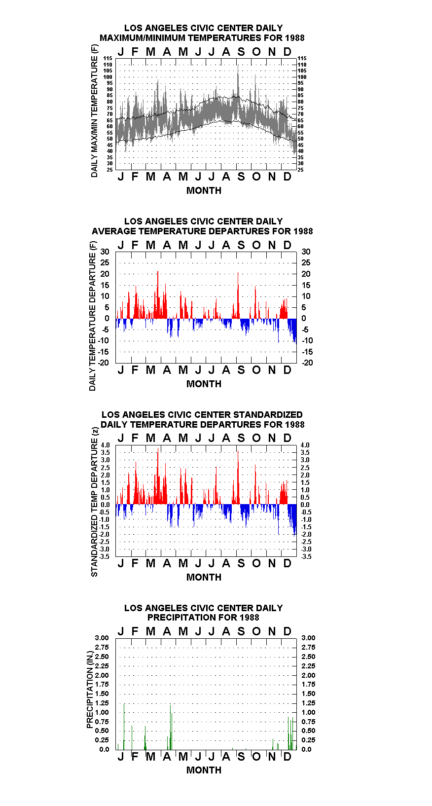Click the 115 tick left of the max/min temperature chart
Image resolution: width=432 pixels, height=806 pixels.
pyautogui.click(x=108, y=58)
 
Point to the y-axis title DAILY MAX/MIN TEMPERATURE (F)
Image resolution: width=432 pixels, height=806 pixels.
pyautogui.click(x=94, y=111)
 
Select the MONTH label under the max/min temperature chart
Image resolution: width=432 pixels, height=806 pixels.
pyautogui.click(x=204, y=191)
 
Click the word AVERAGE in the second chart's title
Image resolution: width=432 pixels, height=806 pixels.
pyautogui.click(x=114, y=231)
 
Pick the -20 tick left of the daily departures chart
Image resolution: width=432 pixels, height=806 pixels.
pyautogui.click(x=104, y=363)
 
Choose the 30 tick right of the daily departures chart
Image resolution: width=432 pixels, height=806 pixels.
pyautogui.click(x=306, y=252)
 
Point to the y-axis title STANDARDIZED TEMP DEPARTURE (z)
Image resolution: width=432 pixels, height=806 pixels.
pyautogui.click(x=94, y=502)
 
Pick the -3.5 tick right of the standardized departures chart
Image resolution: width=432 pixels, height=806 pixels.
pyautogui.click(x=306, y=556)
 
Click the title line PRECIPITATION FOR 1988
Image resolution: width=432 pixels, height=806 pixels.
pyautogui.click(x=203, y=618)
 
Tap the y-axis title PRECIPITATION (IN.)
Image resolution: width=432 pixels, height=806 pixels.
pyautogui.click(x=90, y=690)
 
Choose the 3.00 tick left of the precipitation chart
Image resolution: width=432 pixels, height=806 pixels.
pyautogui.click(x=102, y=638)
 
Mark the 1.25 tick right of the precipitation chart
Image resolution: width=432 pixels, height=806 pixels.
pyautogui.click(x=308, y=703)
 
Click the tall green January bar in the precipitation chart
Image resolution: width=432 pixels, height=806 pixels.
pyautogui.click(x=124, y=727)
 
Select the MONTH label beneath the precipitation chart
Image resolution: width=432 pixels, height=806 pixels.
pyautogui.click(x=204, y=770)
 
